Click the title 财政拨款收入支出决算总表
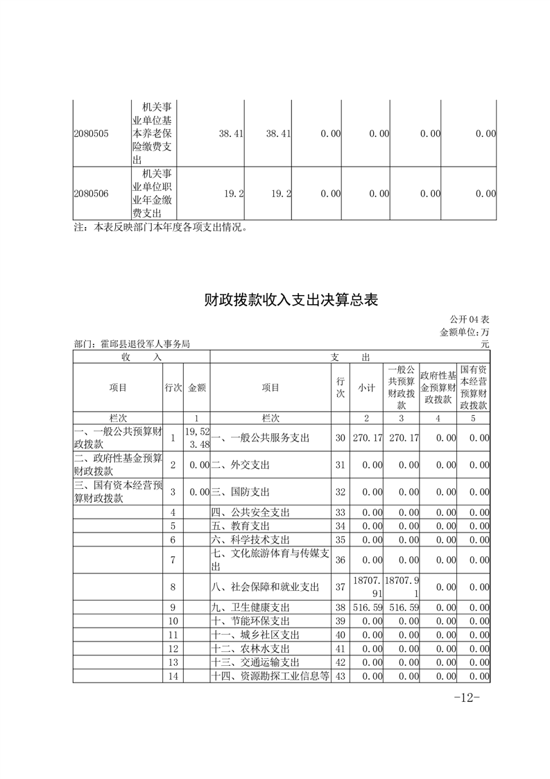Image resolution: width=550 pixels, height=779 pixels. [x=291, y=300]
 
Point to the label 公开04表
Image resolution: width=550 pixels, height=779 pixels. [x=470, y=319]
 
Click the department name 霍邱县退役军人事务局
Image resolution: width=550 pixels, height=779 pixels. [x=132, y=344]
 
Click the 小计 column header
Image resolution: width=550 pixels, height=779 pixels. [x=366, y=388]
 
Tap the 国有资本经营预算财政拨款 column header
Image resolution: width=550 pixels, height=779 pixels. [x=474, y=388]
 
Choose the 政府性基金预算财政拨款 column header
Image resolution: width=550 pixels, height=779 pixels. [x=438, y=388]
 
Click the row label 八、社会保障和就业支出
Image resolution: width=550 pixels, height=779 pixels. [x=265, y=587]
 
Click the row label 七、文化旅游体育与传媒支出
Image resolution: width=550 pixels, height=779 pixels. [x=270, y=560]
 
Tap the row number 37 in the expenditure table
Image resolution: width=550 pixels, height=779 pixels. [x=340, y=587]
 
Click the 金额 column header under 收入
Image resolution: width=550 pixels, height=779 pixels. [x=197, y=388]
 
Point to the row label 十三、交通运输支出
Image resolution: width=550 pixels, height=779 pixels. [x=255, y=662]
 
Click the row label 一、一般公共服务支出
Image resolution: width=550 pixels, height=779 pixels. [x=260, y=438]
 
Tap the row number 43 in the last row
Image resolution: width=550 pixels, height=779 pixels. [x=340, y=676]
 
